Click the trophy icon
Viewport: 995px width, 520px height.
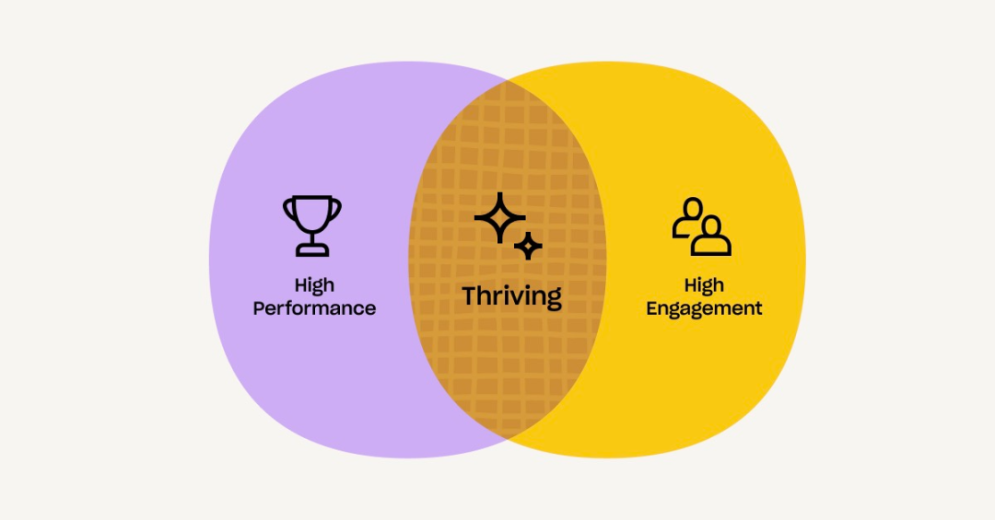click(x=312, y=225)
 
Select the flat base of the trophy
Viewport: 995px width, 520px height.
click(x=312, y=251)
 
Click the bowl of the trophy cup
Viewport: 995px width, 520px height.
click(x=312, y=214)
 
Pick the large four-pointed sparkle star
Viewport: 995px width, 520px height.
click(x=498, y=218)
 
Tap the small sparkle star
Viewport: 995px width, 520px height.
click(x=528, y=246)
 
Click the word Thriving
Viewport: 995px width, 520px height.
click(x=511, y=296)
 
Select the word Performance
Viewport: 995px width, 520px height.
click(x=314, y=308)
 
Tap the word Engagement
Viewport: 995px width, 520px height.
click(x=704, y=308)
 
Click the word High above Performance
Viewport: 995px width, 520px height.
click(x=314, y=285)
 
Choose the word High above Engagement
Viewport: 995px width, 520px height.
click(x=704, y=285)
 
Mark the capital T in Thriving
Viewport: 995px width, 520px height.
click(x=470, y=296)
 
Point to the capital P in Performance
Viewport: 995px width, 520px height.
click(x=259, y=308)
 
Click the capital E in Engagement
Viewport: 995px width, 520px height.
click(x=651, y=308)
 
